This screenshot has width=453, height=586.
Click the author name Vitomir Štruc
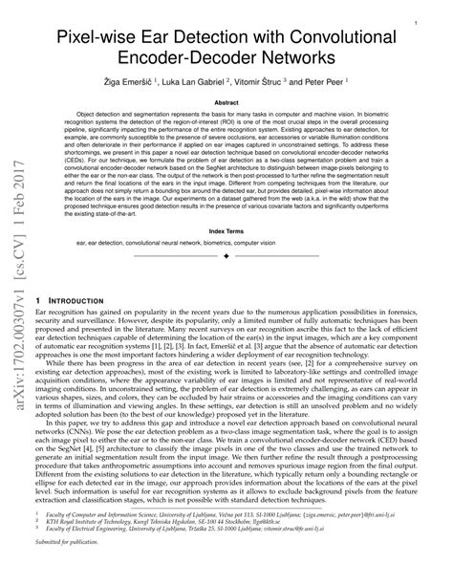265,83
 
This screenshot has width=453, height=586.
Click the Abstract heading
226,102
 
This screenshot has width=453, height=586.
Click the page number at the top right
414,16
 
